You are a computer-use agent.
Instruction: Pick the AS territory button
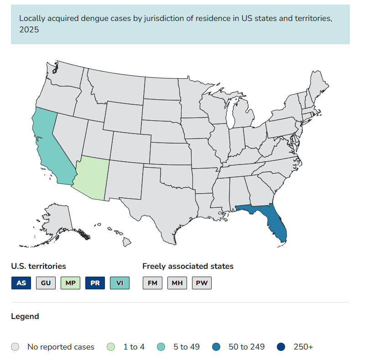21,283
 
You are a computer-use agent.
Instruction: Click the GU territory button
46,283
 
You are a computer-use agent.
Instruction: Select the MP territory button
71,283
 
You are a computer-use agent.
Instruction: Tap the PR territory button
95,283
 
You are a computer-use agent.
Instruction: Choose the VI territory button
120,283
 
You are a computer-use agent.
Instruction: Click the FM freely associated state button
152,283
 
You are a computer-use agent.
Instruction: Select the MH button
177,283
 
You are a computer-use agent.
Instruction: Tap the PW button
202,283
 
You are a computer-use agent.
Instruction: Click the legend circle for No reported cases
16,347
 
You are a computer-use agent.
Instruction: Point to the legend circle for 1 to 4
111,347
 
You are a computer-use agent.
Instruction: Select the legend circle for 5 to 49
161,347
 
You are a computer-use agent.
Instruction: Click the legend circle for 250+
281,347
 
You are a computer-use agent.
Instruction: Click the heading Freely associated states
188,266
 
